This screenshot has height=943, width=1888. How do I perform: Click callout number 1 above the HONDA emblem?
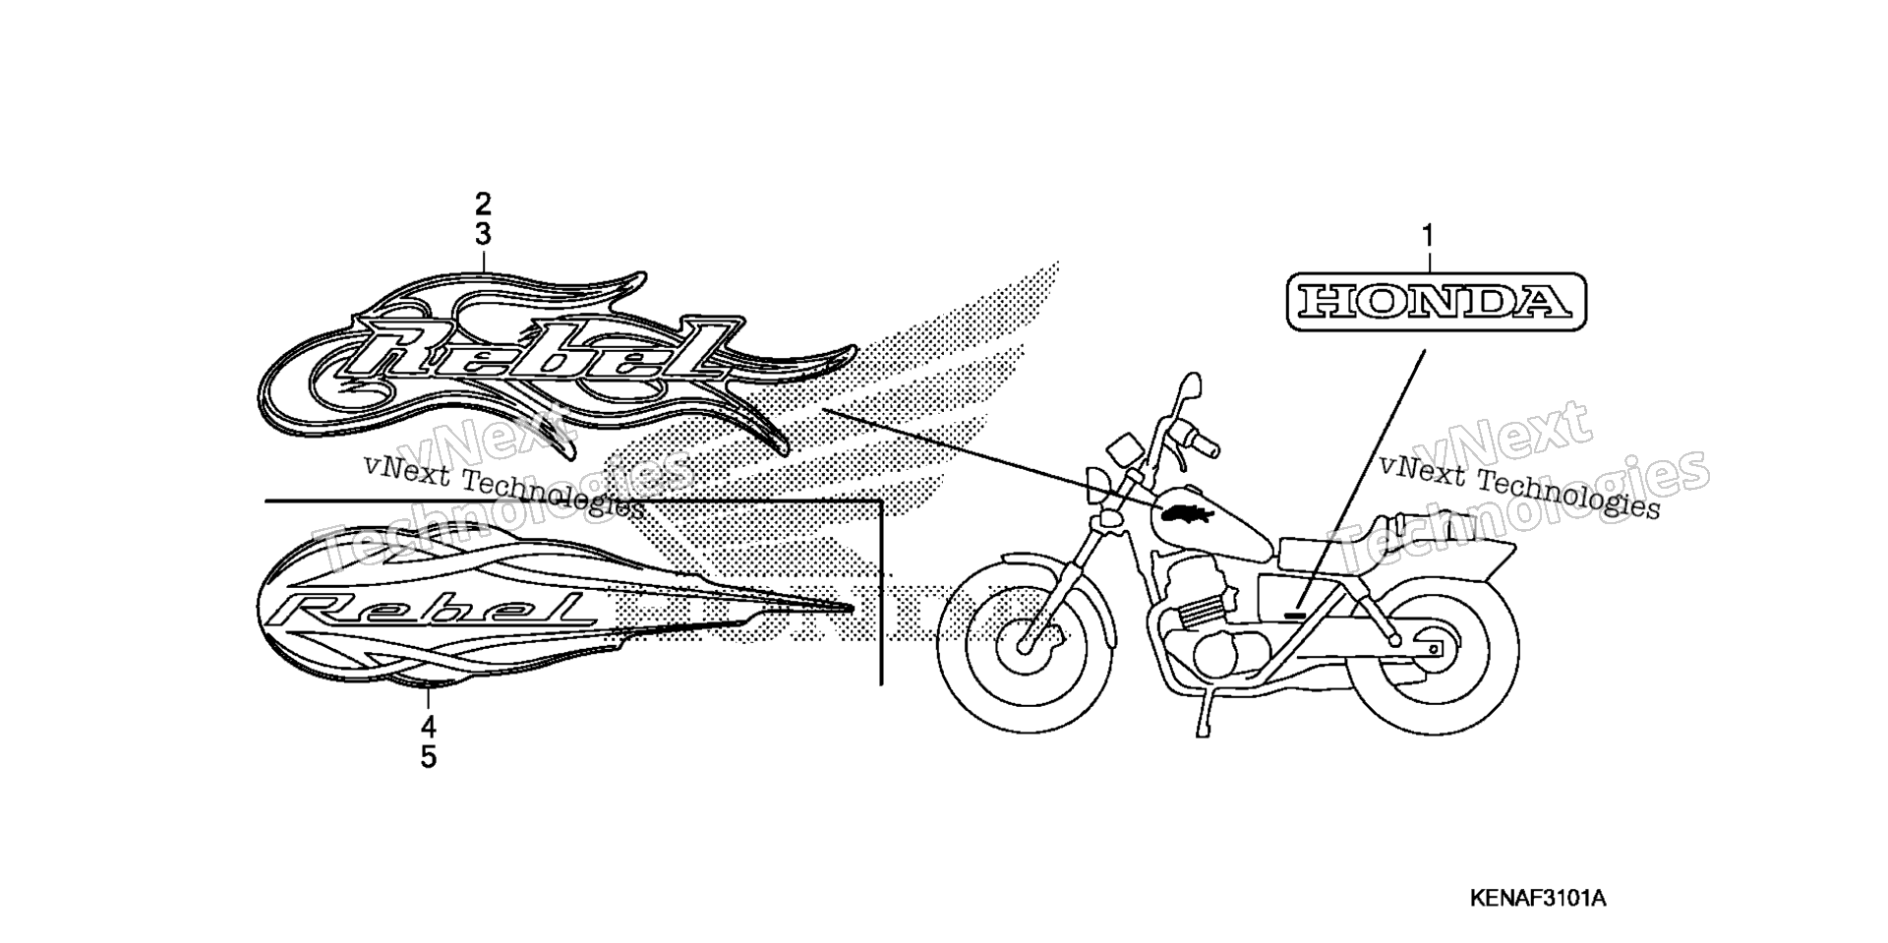[1428, 237]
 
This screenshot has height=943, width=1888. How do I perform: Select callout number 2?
[483, 205]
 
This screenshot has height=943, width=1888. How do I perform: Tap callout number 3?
[483, 235]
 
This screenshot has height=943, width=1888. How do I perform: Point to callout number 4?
[428, 728]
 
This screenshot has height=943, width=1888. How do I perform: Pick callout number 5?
[428, 758]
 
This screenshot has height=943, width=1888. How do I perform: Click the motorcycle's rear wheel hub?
[1432, 650]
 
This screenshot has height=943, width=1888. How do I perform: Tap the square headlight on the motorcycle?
[1120, 452]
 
